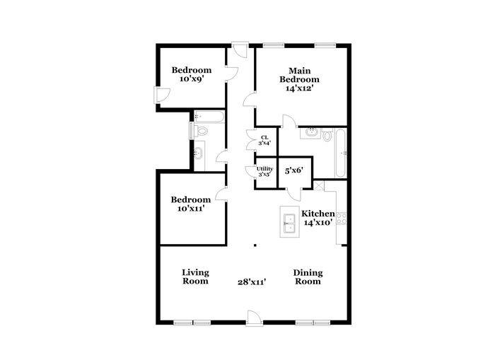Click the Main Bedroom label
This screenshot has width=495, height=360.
coord(299,75)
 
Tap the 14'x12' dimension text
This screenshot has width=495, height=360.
coord(299,88)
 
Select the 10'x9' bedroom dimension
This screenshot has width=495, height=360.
coord(192,79)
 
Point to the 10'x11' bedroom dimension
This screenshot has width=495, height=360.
coord(191,208)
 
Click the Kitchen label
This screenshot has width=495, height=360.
coord(318,214)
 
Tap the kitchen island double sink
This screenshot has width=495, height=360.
coord(289,223)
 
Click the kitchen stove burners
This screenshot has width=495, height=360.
coord(342,219)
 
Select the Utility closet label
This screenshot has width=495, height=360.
coord(264,169)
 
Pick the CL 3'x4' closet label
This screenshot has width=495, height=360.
coord(264,140)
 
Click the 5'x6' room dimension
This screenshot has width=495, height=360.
coord(294,171)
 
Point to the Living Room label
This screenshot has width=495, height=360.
coord(195,277)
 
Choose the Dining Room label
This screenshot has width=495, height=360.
coord(308,277)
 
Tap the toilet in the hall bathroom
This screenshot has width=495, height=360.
coord(201,130)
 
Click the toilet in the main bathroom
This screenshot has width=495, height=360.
coord(327,135)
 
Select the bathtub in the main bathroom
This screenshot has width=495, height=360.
coord(340,153)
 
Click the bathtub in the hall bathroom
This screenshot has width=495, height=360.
coord(209,117)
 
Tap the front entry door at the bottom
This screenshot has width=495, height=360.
coord(254,318)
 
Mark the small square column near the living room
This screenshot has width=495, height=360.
coord(255,245)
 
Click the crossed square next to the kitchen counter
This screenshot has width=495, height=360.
coord(318,185)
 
